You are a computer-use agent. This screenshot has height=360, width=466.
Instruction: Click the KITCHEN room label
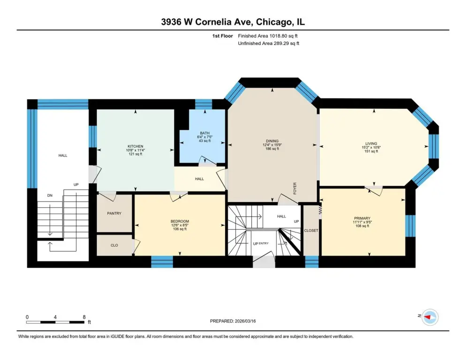coord(135,146)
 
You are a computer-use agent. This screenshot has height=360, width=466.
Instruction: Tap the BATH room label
coord(204,133)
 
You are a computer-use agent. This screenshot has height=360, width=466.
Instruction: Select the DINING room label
coord(272,141)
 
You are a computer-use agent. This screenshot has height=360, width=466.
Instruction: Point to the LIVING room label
coord(371,143)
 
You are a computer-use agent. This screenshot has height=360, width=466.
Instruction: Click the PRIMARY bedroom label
coord(362,218)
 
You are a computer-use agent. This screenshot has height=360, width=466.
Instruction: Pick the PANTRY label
coord(114,213)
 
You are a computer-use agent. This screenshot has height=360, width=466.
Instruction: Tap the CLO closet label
coord(114,245)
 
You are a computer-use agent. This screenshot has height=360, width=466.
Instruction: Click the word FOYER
coord(295,188)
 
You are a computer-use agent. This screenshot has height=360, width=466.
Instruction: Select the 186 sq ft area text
coord(272,149)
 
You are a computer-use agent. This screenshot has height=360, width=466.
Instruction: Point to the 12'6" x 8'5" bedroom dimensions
coord(180,225)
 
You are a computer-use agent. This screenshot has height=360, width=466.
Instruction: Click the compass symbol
coord(430,317)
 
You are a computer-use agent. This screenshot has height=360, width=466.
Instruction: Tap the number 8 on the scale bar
coord(84,317)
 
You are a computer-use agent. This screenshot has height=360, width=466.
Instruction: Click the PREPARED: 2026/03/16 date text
coord(233,321)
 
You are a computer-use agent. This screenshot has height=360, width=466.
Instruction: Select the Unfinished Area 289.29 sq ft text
coord(268,44)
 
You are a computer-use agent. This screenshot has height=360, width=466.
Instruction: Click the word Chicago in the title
coord(273,22)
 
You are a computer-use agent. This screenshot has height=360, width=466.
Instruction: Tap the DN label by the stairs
coord(50,195)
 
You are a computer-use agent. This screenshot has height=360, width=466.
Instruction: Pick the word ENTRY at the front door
coord(263,243)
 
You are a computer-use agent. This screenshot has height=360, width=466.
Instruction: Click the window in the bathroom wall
coord(203,105)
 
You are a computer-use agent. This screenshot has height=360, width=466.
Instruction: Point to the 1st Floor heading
coord(222,36)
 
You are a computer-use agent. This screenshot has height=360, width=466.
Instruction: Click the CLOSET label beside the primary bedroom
coord(311,230)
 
